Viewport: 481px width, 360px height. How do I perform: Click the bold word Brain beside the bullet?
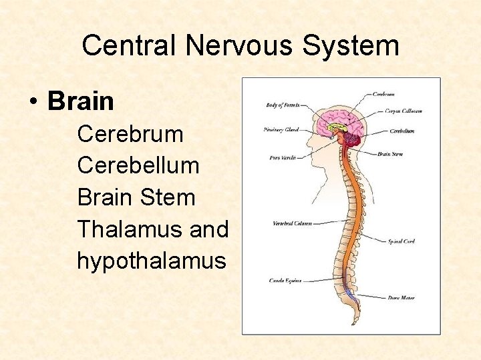coord(81,101)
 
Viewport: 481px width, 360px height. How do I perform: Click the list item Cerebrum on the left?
coord(130,134)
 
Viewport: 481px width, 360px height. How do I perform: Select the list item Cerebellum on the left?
coord(138,165)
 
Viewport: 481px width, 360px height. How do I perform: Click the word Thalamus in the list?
coord(130,229)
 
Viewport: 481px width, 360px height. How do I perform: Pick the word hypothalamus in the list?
coord(152,261)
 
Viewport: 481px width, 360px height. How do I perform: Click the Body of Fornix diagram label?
coord(283,105)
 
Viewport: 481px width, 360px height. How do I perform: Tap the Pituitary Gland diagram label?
coord(281,129)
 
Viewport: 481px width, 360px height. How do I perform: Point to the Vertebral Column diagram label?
coord(292,223)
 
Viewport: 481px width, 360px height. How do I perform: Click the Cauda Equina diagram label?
coord(286,280)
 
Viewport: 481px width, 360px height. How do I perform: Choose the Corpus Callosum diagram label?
coord(404,111)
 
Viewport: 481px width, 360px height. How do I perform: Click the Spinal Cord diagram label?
coord(402,241)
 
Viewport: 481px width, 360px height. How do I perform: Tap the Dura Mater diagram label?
coord(402,297)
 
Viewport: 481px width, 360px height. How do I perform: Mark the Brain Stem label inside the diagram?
coord(389,154)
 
